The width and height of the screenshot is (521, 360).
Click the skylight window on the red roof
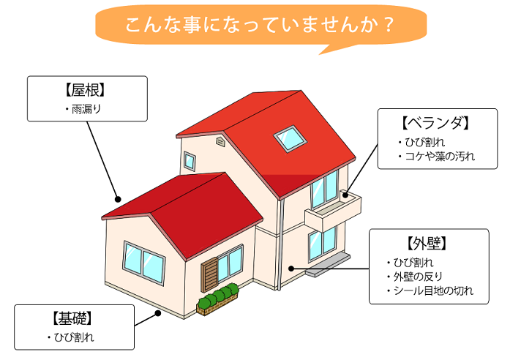290,138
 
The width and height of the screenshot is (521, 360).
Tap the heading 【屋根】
85,90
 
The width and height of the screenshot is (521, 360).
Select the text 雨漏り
86,109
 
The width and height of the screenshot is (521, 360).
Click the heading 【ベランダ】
435,123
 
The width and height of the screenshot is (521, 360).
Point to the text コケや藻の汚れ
440,156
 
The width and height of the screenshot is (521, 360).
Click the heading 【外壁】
427,244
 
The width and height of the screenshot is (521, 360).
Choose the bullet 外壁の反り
418,277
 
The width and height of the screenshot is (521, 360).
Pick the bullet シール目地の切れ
433,290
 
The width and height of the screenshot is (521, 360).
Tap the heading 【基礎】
72,319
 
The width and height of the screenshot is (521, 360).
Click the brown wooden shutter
210,275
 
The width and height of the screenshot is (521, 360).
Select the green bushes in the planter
218,295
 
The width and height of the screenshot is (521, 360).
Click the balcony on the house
333,211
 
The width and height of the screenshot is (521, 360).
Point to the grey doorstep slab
328,265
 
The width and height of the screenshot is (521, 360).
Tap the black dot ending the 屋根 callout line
118,199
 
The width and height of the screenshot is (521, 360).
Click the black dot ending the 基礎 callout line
158,313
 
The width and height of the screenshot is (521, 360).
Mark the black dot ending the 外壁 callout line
291,269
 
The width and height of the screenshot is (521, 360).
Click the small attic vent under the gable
220,142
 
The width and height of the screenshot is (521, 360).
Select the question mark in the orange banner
388,25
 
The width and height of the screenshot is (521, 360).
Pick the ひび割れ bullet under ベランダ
424,142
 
